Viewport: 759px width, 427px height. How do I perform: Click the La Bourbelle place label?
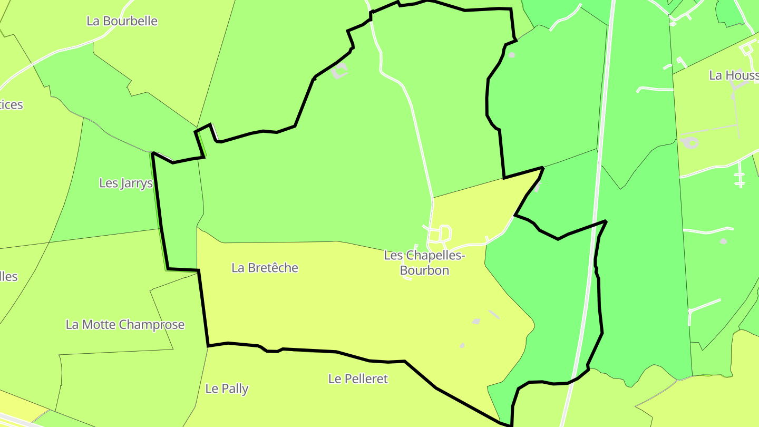coord(122,21)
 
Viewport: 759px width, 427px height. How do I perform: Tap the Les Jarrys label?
coord(126,183)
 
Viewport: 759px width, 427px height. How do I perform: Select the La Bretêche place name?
coord(265,268)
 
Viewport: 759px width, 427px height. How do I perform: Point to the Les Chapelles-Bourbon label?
coord(424,263)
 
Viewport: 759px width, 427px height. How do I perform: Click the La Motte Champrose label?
coord(125,324)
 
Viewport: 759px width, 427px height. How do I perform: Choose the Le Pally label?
coord(227,389)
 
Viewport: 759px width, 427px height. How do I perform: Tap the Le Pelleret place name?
coord(358,379)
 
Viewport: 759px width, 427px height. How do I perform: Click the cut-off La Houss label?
coord(733,75)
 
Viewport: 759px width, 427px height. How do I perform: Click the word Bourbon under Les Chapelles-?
coord(424,270)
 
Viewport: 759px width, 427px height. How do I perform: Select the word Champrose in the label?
coord(155,324)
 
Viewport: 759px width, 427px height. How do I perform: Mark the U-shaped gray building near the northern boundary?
coord(340,71)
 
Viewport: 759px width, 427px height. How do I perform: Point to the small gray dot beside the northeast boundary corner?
coord(511,55)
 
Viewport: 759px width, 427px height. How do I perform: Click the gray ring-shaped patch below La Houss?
coord(689,142)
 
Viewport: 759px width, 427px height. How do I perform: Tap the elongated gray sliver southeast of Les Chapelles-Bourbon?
coord(494,314)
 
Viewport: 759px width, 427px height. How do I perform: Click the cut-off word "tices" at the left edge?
coord(11,104)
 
